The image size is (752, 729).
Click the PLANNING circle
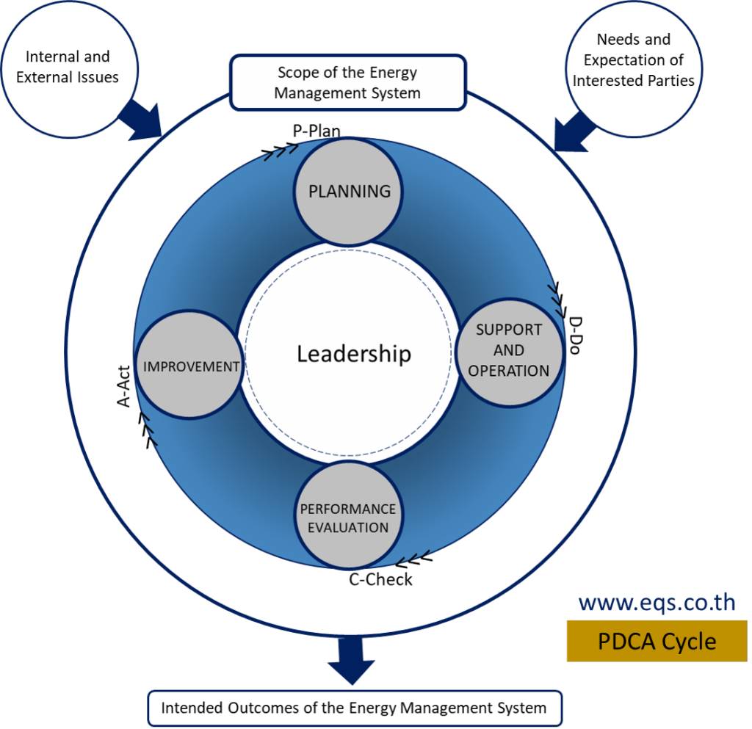pyautogui.click(x=349, y=192)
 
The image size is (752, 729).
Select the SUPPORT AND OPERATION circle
pyautogui.click(x=510, y=353)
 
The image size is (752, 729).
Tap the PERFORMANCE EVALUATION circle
pyautogui.click(x=349, y=515)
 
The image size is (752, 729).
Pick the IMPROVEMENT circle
pyautogui.click(x=190, y=365)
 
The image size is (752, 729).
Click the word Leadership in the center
pyautogui.click(x=354, y=354)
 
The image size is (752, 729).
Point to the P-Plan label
pyautogui.click(x=317, y=131)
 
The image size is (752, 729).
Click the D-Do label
pyautogui.click(x=575, y=335)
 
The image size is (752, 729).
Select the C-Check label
pyautogui.click(x=380, y=579)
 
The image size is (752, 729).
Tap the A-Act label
pyautogui.click(x=123, y=386)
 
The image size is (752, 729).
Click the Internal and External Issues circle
pyautogui.click(x=69, y=69)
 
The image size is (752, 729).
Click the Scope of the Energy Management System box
pyautogui.click(x=347, y=82)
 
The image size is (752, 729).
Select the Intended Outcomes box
pyautogui.click(x=355, y=708)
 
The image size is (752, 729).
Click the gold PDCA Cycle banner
pyautogui.click(x=657, y=642)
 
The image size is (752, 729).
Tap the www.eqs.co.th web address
pyautogui.click(x=657, y=603)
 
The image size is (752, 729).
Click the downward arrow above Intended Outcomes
pyautogui.click(x=352, y=661)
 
